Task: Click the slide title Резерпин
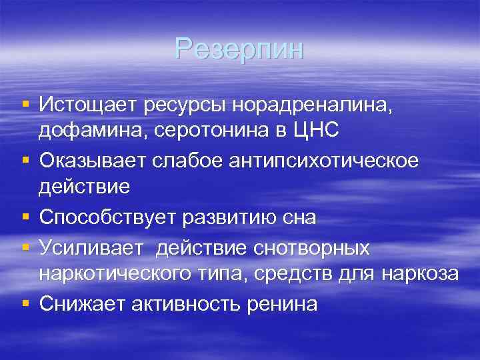click(x=239, y=49)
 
